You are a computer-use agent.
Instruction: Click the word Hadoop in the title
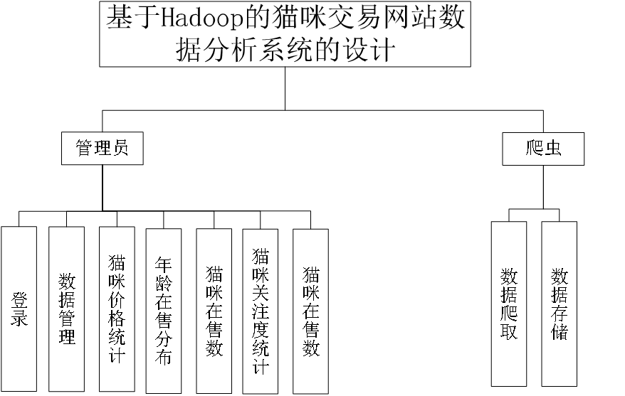[x=202, y=18]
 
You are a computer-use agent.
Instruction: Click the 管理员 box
[x=102, y=148]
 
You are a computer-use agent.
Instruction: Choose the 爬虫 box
[x=543, y=149]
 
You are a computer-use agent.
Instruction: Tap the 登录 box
[x=19, y=309]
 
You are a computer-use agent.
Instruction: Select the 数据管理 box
[x=67, y=309]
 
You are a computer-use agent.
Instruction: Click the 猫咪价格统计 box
[x=117, y=309]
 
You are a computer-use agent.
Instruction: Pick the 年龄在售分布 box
[x=164, y=311]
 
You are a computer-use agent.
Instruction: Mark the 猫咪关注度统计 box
[x=261, y=311]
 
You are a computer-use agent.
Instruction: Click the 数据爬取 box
[x=508, y=304]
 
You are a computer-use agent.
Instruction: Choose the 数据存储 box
[x=559, y=304]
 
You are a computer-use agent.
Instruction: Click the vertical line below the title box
[x=285, y=88]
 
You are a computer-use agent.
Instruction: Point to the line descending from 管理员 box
[x=103, y=188]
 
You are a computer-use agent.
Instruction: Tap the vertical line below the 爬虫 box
[x=543, y=187]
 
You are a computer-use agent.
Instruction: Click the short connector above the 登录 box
[x=19, y=219]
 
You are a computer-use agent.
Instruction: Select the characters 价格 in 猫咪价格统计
[x=117, y=310]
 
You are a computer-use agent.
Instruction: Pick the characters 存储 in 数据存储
[x=559, y=322]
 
